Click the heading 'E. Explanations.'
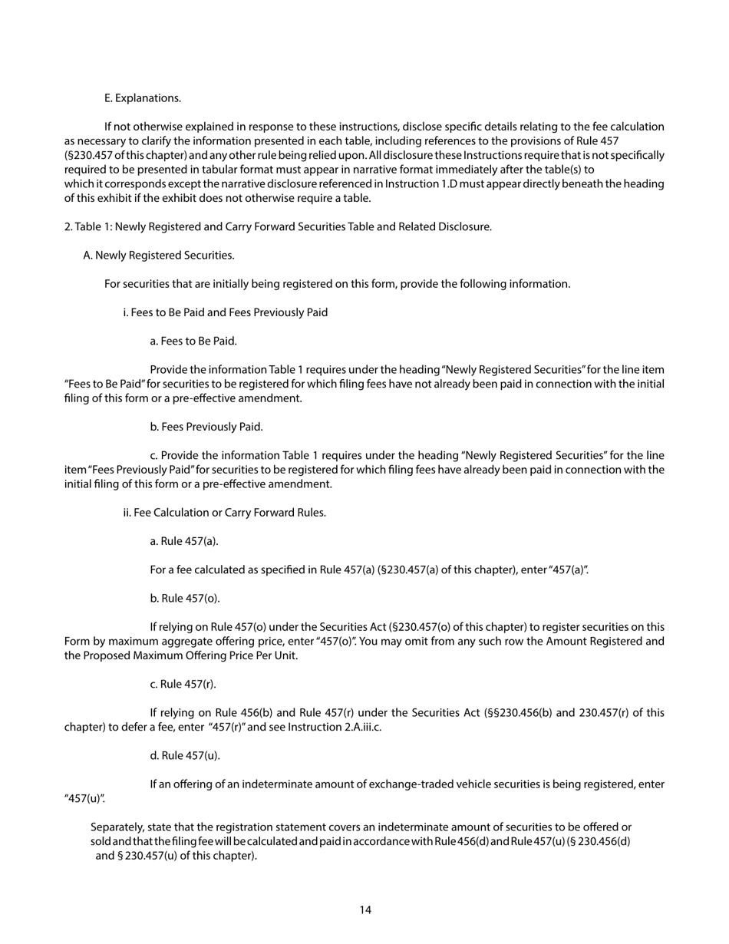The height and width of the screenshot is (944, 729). pos(143,98)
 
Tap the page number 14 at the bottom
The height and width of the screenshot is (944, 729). pos(365,910)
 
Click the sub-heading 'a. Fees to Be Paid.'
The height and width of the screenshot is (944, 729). pos(193,341)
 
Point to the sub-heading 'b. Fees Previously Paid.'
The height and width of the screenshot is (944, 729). pos(206,427)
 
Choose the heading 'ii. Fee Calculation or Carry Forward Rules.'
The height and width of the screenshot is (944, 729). pos(224,513)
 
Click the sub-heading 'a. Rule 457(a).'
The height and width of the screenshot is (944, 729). pos(184,541)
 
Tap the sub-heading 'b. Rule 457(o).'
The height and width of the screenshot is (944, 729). pos(185,599)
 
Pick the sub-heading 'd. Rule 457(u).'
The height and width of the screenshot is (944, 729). pos(185,756)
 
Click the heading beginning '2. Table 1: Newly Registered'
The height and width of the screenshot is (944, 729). pos(277,226)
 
